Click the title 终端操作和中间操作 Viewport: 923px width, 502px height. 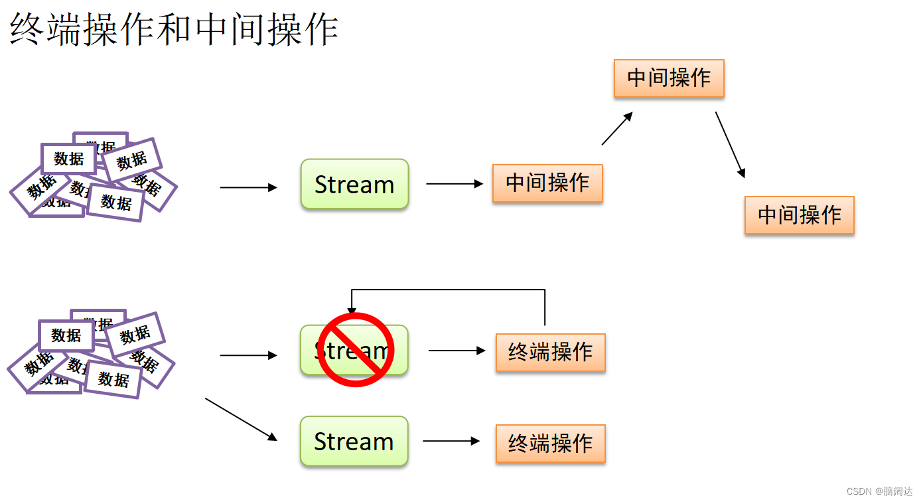(174, 30)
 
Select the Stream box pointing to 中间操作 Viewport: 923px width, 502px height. (354, 184)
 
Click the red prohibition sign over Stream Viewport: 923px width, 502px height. (356, 349)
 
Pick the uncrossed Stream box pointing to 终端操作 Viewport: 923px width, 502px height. (354, 441)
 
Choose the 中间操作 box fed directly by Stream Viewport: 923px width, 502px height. (547, 183)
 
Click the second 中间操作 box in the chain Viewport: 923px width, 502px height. (669, 78)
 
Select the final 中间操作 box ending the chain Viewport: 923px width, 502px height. (799, 215)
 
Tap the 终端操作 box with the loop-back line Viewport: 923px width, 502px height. (550, 352)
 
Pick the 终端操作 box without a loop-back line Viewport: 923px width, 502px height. (550, 444)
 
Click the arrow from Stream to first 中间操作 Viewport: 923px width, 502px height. (455, 184)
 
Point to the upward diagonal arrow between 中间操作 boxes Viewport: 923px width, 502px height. (617, 128)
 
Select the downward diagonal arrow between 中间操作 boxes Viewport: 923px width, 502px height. (730, 145)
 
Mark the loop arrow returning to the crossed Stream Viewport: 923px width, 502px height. (448, 290)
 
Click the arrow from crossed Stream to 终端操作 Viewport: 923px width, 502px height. (457, 351)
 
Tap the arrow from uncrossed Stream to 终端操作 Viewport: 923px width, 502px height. (451, 441)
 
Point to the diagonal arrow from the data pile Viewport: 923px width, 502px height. (241, 419)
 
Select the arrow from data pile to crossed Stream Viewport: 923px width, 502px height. (248, 356)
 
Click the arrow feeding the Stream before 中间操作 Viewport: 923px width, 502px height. (248, 188)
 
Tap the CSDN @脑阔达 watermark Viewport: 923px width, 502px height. (879, 491)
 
